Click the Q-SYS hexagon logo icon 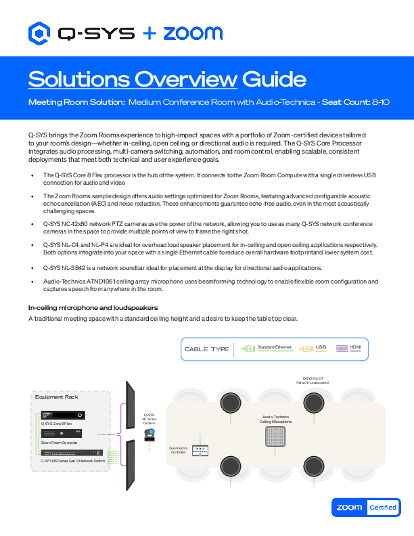tap(40, 32)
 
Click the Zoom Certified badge tap(365, 507)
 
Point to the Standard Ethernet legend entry tap(267, 348)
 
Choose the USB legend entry tap(315, 348)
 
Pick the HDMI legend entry tap(351, 348)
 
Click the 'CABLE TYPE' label tap(206, 349)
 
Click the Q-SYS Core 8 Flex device tap(63, 415)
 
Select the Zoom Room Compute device tap(63, 433)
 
